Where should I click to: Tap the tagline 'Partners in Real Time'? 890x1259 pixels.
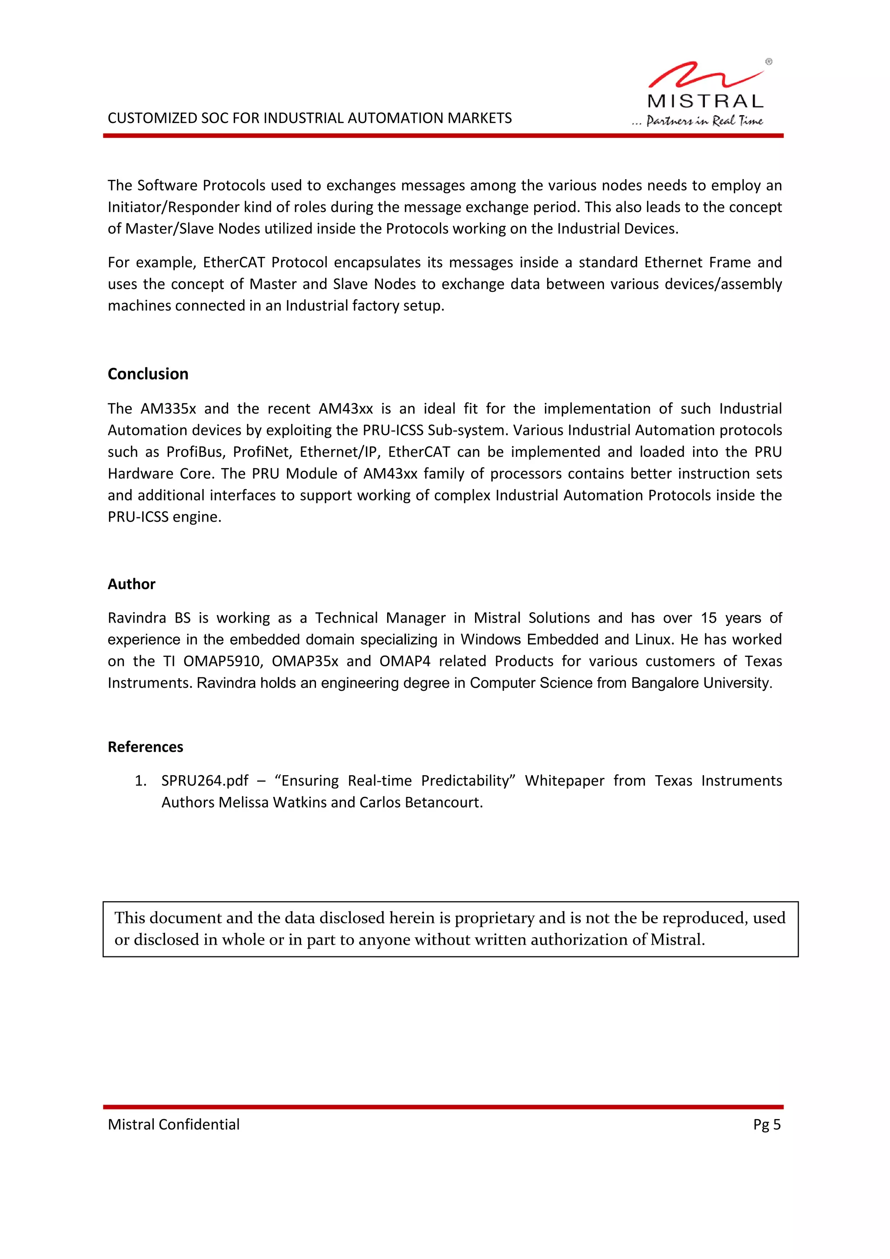pos(704,120)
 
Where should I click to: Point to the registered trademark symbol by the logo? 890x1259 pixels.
pos(769,62)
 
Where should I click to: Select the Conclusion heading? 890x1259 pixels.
pos(148,374)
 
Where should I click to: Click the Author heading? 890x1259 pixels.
pos(132,584)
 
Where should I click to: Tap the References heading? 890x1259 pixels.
pos(145,747)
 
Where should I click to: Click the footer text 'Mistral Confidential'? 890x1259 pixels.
pos(174,1125)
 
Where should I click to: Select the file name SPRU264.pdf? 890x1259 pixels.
pos(204,781)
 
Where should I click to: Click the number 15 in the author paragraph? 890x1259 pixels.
pos(709,618)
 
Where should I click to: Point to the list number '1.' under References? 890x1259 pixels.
pos(141,781)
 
